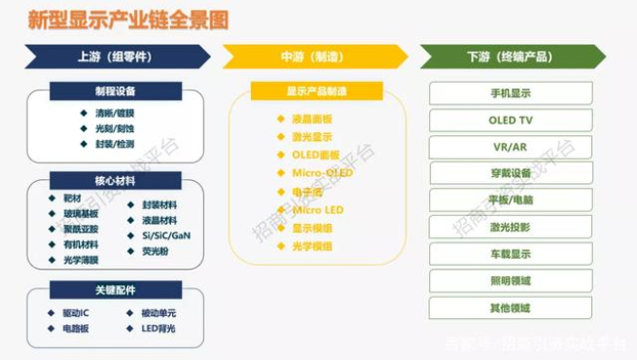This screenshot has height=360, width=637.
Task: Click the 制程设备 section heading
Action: (x=116, y=91)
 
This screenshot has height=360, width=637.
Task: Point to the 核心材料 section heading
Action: (x=116, y=180)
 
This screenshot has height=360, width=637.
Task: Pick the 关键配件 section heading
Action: (x=116, y=290)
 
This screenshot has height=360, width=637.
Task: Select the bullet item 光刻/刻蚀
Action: (x=115, y=127)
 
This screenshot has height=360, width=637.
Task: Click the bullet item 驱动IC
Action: (x=74, y=313)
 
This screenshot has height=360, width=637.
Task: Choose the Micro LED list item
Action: (x=318, y=209)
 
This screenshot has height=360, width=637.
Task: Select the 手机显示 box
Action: (x=511, y=93)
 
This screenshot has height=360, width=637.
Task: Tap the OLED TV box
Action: (x=511, y=121)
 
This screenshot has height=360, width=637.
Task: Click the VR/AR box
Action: (x=511, y=147)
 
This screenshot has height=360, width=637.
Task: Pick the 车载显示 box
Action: (x=511, y=254)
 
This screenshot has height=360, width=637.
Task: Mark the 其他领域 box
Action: (x=511, y=307)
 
